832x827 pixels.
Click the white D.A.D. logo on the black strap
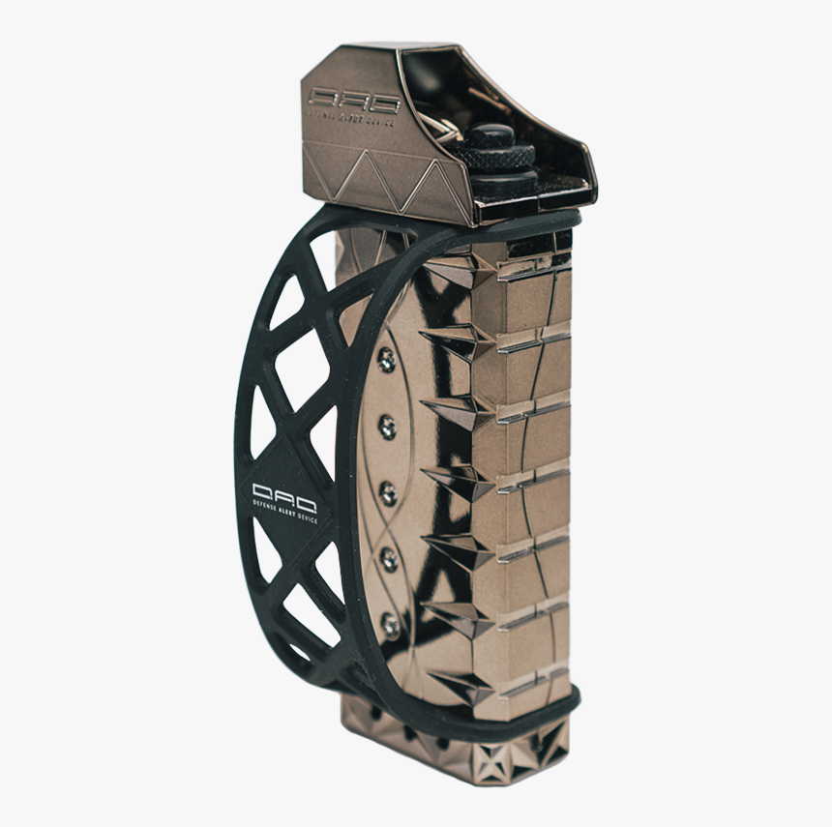(278, 492)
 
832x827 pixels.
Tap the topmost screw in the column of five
(387, 360)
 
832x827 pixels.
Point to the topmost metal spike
(455, 276)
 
